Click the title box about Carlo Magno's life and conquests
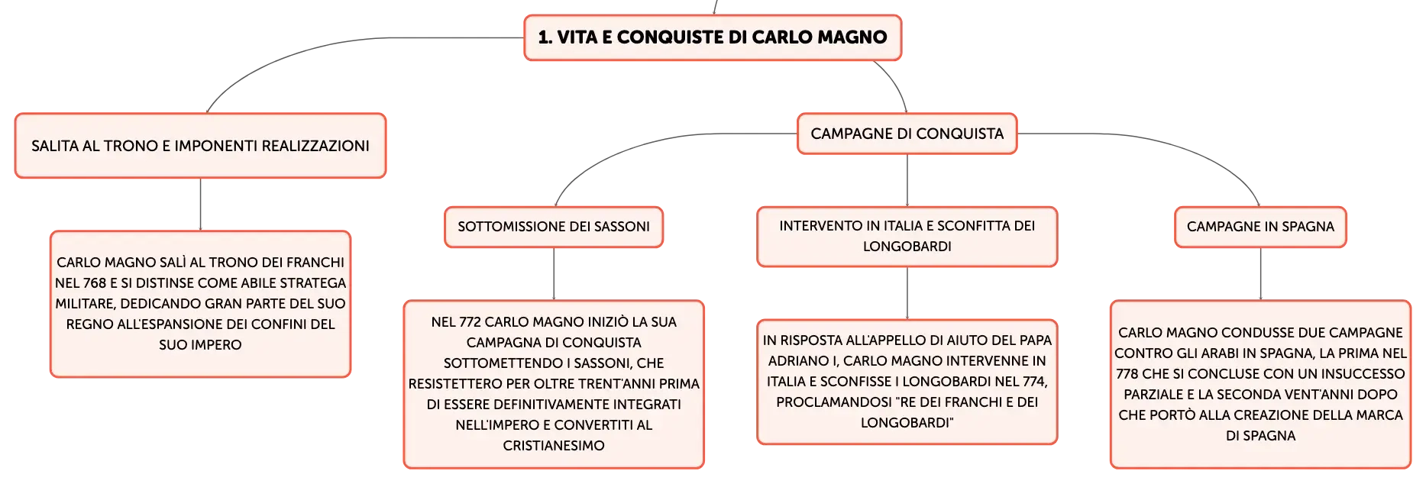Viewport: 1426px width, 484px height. click(713, 37)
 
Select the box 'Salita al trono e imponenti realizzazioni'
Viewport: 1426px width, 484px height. click(200, 146)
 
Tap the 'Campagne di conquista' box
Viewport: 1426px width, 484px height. click(907, 134)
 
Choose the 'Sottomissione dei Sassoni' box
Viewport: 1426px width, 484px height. click(554, 227)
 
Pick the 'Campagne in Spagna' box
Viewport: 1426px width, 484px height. click(1260, 227)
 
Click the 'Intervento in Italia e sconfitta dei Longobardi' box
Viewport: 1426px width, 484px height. click(907, 237)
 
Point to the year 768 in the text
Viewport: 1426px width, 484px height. click(95, 283)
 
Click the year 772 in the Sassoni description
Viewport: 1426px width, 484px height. click(470, 322)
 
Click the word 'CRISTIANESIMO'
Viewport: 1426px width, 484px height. click(554, 446)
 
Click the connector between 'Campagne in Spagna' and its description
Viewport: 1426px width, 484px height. click(1260, 274)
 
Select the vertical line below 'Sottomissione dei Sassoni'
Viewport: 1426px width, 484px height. click(554, 274)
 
